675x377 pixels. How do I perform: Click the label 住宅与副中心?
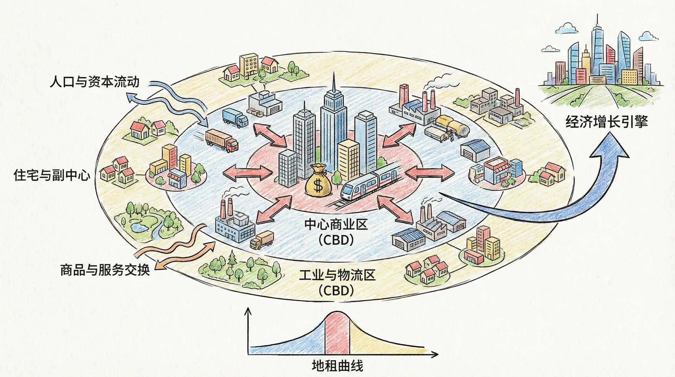coord(52,175)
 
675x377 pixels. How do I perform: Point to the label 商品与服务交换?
coord(105,270)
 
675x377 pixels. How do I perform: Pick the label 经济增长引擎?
coord(606,122)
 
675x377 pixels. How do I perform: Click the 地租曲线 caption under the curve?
coord(337,366)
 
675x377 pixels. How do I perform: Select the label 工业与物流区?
coord(337,275)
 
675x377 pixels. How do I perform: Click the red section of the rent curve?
coord(337,334)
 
